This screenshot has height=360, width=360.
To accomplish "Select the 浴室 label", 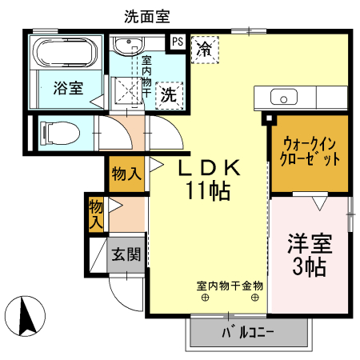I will (x=68, y=89).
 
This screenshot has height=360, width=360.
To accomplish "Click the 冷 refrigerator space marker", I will (x=206, y=48).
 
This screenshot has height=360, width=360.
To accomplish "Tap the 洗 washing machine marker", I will (x=170, y=94).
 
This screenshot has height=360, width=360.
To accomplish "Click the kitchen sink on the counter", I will (x=283, y=98).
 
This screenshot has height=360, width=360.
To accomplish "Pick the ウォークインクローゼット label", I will (x=310, y=150).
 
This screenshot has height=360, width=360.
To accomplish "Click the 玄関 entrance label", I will (x=126, y=255).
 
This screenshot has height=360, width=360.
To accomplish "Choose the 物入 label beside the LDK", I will (x=126, y=173).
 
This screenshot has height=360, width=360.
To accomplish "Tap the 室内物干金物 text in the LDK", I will (x=230, y=286).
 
